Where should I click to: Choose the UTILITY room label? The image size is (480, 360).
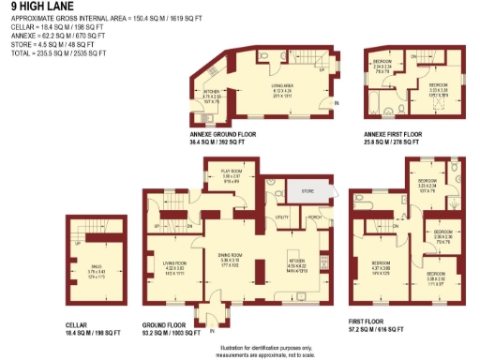[x=281, y=217]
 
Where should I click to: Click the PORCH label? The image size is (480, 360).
[x=314, y=217]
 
